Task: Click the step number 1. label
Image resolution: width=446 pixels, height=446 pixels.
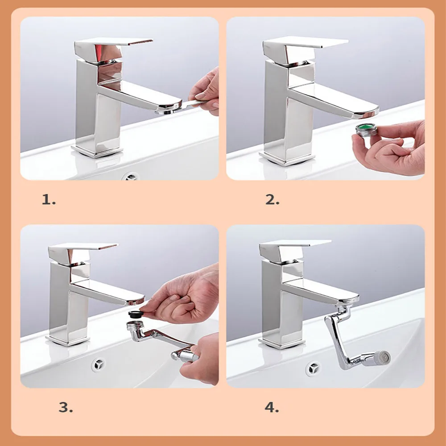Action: click(x=49, y=199)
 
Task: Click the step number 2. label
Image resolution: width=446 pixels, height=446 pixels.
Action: click(x=272, y=199)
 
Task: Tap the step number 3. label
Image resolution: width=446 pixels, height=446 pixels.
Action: click(x=66, y=407)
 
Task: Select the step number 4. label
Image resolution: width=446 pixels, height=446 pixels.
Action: click(x=272, y=407)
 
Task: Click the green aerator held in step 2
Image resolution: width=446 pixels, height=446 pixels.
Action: click(x=366, y=130)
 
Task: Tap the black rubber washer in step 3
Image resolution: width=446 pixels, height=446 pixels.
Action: click(x=136, y=314)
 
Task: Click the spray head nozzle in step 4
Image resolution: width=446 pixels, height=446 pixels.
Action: click(x=382, y=358)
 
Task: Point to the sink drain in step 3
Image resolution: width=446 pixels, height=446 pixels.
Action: click(x=99, y=364)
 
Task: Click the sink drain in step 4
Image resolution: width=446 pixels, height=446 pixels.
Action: click(x=313, y=369)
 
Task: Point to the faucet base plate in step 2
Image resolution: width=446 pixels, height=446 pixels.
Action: click(x=287, y=158)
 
